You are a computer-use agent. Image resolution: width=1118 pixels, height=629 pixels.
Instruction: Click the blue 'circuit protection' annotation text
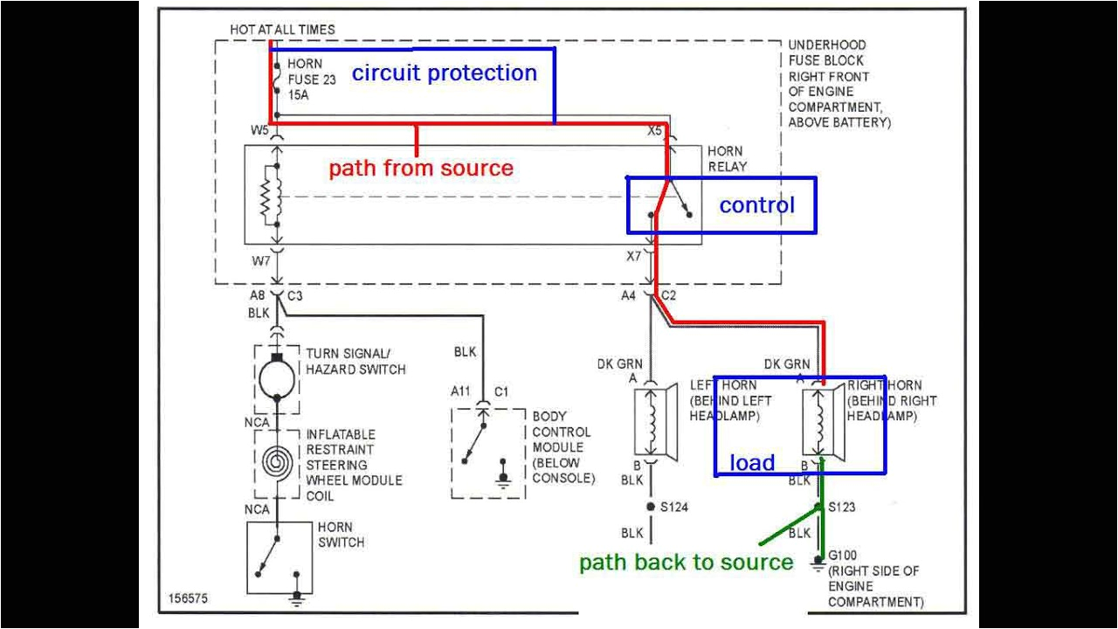coord(444,73)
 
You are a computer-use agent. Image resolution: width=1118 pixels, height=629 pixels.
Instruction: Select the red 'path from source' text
coord(420,168)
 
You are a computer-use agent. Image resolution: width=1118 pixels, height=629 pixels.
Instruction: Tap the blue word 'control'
coord(756,205)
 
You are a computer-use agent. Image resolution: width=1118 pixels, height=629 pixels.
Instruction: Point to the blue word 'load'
coord(752,462)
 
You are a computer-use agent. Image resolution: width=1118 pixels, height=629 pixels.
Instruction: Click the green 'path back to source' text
coord(686,563)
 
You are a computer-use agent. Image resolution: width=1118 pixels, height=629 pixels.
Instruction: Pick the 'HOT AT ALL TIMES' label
coord(282,30)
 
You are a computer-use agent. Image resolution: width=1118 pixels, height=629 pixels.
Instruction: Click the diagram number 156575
coord(188,599)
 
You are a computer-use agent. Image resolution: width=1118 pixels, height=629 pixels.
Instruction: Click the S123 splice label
coord(842,507)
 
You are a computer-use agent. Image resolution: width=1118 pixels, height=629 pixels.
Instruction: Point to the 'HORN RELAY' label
coord(727,159)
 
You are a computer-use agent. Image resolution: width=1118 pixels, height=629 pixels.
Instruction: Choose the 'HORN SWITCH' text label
coord(340,535)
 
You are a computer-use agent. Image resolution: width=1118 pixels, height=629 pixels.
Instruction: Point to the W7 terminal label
coord(260,260)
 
